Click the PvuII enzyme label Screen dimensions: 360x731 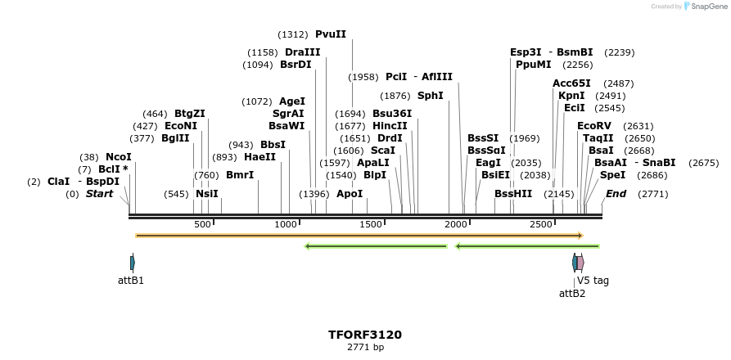[x=330, y=34]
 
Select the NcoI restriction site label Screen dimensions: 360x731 [x=118, y=157]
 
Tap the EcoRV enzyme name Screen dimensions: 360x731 [x=593, y=126]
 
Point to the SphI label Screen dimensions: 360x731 [x=430, y=96]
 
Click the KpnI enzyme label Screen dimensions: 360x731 [x=571, y=96]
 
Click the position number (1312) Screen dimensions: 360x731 [x=293, y=34]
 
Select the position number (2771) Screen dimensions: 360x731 [x=652, y=194]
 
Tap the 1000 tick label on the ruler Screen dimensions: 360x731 [x=286, y=224]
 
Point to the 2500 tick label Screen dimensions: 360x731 [x=540, y=224]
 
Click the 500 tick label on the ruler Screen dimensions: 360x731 [x=202, y=224]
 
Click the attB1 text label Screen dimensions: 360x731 [x=131, y=281]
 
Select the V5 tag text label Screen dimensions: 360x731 [x=593, y=281]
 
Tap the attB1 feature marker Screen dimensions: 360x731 [x=132, y=263]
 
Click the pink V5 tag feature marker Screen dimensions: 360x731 [x=580, y=263]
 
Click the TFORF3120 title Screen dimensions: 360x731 [x=365, y=335]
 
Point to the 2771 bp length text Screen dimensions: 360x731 [x=365, y=348]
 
